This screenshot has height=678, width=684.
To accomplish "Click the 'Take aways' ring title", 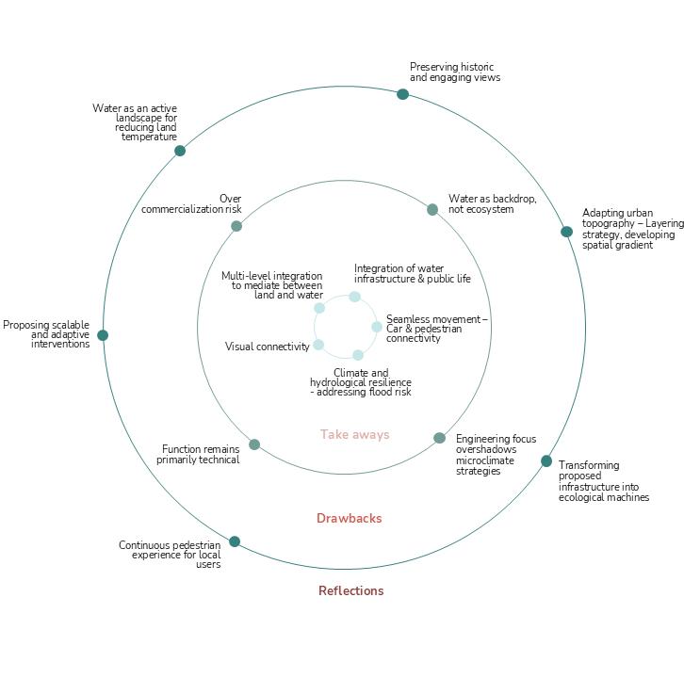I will click(354, 434).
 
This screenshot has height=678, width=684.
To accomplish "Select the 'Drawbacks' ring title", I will click(349, 518).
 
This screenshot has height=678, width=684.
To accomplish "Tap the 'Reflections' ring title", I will click(350, 590).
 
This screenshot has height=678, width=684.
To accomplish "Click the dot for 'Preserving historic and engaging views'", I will click(402, 94).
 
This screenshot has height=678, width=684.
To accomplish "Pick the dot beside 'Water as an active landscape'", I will click(180, 151).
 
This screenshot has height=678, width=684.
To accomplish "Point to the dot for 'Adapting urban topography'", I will click(566, 232).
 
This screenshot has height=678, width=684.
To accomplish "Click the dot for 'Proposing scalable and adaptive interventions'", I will click(103, 335).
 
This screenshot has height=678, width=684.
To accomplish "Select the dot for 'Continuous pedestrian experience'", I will click(235, 541).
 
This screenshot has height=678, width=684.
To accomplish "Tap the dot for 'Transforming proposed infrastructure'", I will click(546, 461).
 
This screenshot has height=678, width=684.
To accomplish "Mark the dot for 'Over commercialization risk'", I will click(236, 226).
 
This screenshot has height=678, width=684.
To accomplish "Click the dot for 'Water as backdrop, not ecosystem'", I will click(432, 210).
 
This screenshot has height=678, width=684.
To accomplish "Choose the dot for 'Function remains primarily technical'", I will click(254, 444).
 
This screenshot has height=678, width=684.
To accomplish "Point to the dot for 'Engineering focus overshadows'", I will click(439, 438).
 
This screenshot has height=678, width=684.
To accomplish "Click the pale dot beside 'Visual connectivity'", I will click(318, 345).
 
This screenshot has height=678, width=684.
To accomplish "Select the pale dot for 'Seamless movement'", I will click(377, 327).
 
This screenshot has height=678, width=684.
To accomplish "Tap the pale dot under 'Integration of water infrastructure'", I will click(354, 297).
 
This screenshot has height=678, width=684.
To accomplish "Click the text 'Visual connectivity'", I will click(267, 347).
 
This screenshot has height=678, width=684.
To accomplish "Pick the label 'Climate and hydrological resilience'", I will click(361, 382).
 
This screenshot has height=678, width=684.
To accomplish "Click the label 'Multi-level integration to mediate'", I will click(272, 285).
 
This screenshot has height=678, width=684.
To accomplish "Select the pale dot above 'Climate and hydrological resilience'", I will click(358, 355).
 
